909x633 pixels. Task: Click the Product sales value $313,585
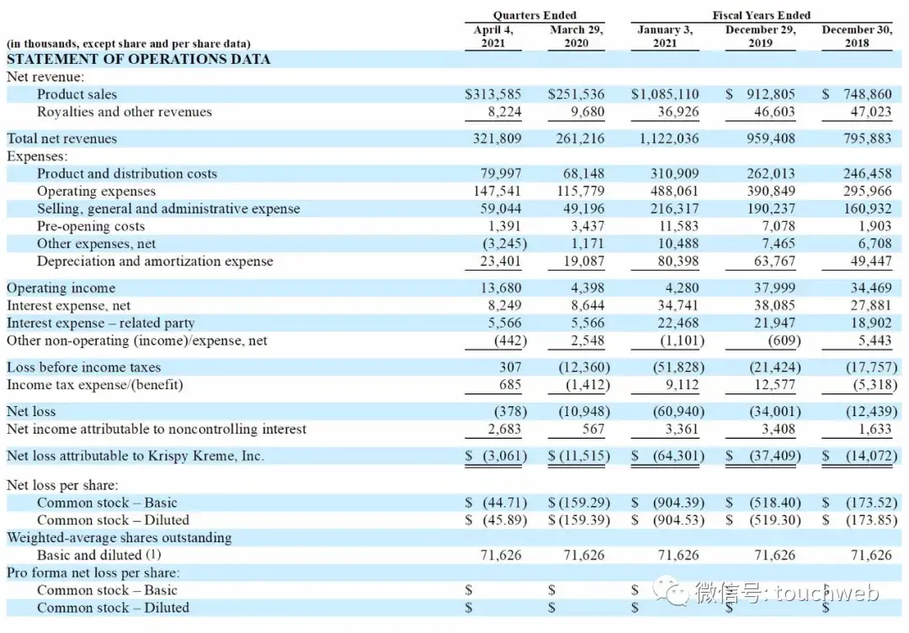point(493,94)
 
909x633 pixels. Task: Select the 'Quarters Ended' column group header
point(534,15)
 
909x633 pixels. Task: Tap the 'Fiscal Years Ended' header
point(761,15)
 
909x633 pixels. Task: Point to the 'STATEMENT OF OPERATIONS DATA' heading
point(139,60)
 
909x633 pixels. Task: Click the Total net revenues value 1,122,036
point(665,139)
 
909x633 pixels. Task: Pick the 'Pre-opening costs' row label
point(91,226)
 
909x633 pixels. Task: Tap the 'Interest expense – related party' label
point(101,323)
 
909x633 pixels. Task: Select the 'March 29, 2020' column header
point(576,36)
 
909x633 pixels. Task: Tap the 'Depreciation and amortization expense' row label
point(155,261)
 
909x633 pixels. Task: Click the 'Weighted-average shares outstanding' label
point(120,537)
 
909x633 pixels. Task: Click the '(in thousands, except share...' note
point(129,44)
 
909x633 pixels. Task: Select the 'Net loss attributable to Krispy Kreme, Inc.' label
point(136,456)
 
